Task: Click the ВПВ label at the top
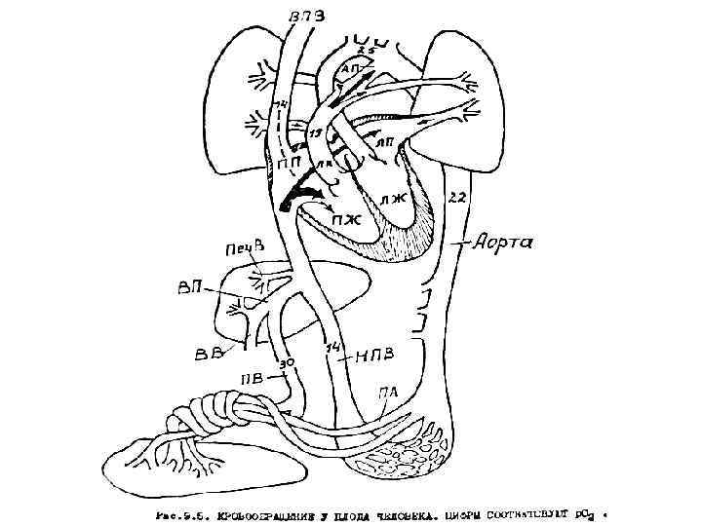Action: tap(310, 17)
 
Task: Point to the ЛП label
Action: tap(384, 143)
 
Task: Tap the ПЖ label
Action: tap(346, 219)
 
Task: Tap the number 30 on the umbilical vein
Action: tap(286, 363)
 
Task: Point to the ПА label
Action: tap(388, 393)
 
